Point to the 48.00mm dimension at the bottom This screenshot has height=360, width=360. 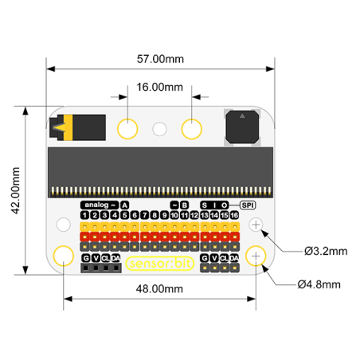tap(159, 288)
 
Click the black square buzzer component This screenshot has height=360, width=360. tap(241, 127)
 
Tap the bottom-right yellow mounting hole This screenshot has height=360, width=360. tap(256, 256)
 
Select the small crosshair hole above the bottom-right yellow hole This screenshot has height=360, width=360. tap(256, 225)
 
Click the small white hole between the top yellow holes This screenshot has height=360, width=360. tap(160, 127)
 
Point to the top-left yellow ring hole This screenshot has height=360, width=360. tap(127, 127)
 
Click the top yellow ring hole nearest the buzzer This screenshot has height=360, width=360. tap(193, 127)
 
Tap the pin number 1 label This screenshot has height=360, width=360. tap(84, 215)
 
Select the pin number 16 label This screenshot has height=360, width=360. tap(235, 215)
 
